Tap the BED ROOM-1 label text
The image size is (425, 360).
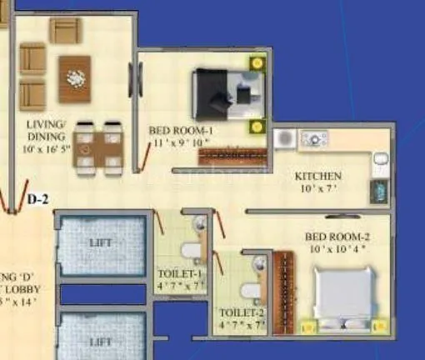click(182, 131)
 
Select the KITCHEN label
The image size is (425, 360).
click(318, 177)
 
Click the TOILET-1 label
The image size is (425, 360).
click(180, 273)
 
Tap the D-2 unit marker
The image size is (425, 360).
click(38, 199)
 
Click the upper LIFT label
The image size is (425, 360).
click(100, 242)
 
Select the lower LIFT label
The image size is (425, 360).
click(100, 342)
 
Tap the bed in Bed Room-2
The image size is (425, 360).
click(348, 293)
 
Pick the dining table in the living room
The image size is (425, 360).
click(98, 148)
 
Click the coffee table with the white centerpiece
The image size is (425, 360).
click(75, 79)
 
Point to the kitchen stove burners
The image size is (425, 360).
click(314, 138)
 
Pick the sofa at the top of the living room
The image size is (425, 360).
click(64, 31)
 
